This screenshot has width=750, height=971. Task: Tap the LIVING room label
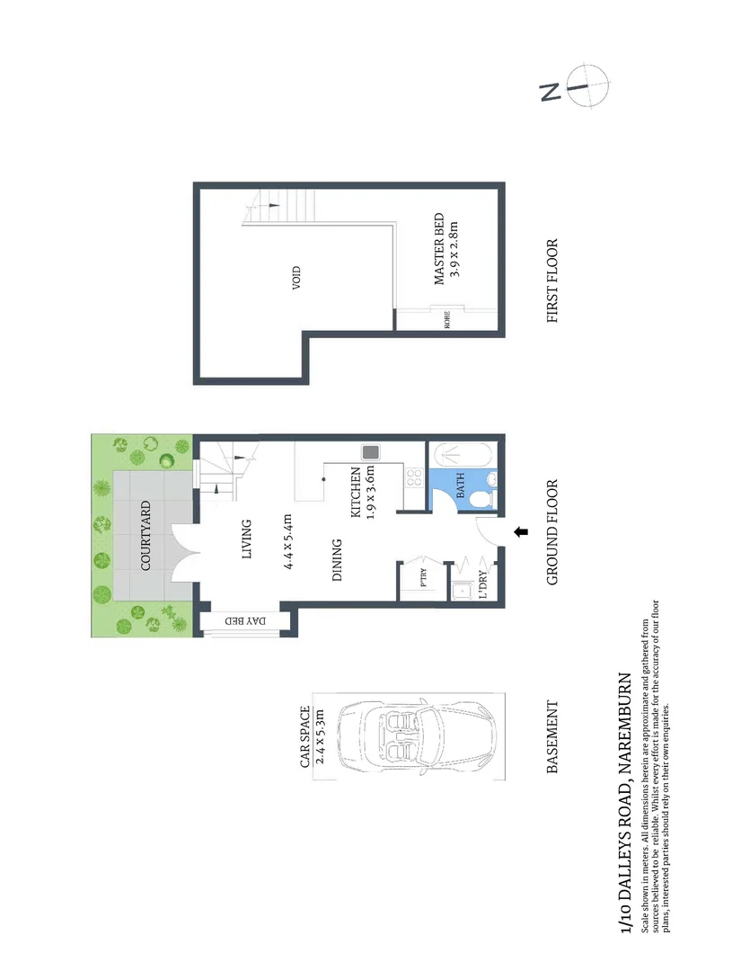[x=249, y=539]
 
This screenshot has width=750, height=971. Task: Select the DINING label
[x=339, y=560]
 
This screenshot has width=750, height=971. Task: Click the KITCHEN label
[x=356, y=494]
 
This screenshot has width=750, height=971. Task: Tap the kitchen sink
[x=369, y=453]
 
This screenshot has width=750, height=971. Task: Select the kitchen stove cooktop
[x=414, y=477]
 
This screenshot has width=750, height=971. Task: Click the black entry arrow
[x=520, y=534]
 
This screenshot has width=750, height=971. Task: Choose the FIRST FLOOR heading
[x=552, y=281]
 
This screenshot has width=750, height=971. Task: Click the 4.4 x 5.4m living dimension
[x=287, y=539]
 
